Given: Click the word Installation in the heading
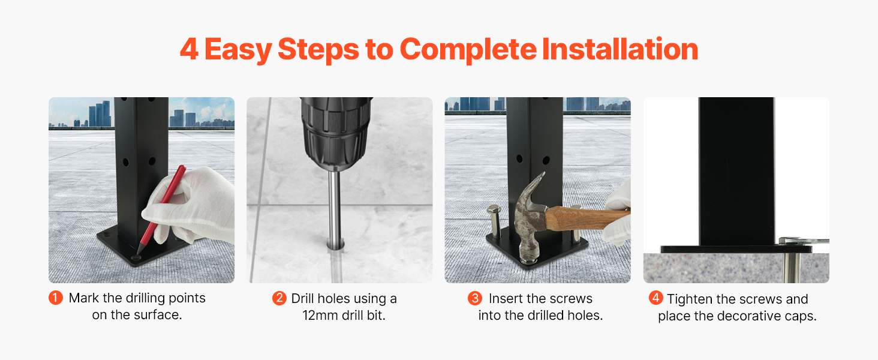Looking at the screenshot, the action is tap(620, 49).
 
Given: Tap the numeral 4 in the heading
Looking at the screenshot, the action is tap(190, 49).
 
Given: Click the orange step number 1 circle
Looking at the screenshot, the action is tap(56, 298).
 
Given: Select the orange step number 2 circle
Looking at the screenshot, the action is tap(279, 298).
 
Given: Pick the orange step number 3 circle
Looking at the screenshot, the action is tap(475, 298).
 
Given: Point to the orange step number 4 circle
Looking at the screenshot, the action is tap(656, 298).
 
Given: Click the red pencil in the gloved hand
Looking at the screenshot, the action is tap(161, 209).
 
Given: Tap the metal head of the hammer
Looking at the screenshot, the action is tap(531, 220).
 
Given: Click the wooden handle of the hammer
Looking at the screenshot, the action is tap(586, 218).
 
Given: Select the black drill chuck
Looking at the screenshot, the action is tap(335, 133).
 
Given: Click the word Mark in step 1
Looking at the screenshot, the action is tap(84, 298).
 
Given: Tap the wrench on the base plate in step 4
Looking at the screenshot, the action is tap(804, 241).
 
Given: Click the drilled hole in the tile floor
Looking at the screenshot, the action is tap(335, 246).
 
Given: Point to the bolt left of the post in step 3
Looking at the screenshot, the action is tap(494, 221).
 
